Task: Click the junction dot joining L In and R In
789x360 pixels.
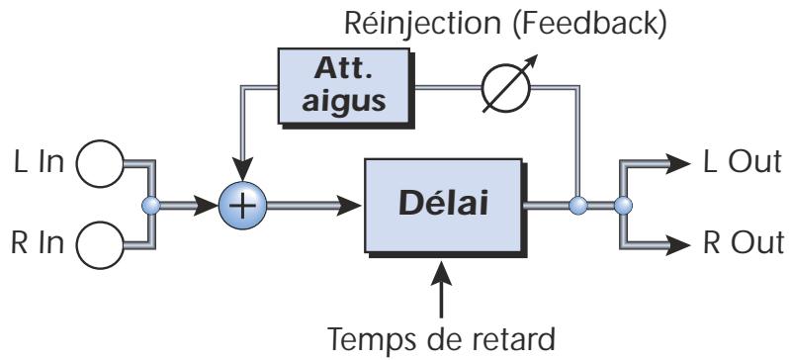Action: pyautogui.click(x=150, y=206)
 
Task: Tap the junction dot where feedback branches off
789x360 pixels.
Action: pyautogui.click(x=579, y=206)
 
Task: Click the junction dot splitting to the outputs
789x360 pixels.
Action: pyautogui.click(x=622, y=206)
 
